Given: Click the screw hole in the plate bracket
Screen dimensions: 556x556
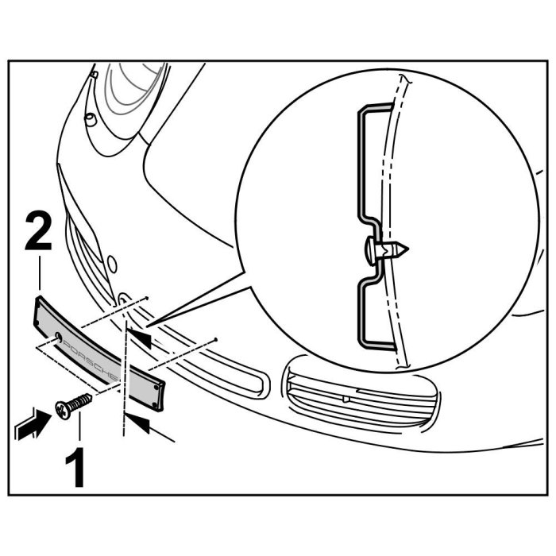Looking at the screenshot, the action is (60, 341).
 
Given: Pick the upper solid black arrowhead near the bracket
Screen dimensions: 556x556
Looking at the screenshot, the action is (140, 340).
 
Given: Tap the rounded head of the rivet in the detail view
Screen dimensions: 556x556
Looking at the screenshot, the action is (371, 250).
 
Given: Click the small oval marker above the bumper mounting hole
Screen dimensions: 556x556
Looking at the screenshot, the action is (112, 262).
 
